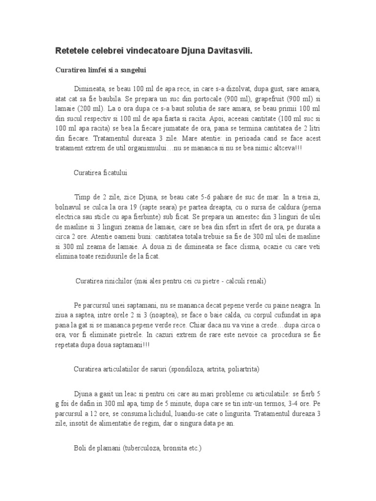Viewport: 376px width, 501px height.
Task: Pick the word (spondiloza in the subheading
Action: coord(188,369)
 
